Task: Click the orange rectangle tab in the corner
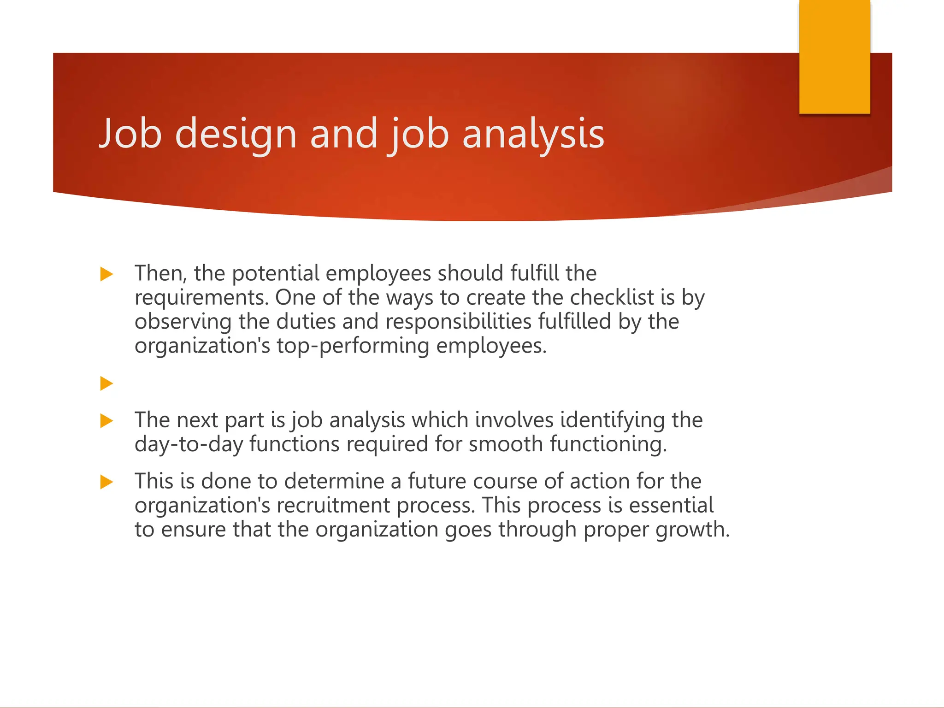click(834, 56)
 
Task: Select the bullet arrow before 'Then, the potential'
click(106, 274)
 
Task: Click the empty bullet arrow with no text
click(106, 383)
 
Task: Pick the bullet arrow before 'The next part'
click(106, 420)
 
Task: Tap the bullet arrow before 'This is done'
click(106, 482)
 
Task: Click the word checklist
click(612, 297)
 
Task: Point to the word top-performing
click(353, 346)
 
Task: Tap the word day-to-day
click(189, 444)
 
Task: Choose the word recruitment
click(333, 505)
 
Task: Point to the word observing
click(183, 322)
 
